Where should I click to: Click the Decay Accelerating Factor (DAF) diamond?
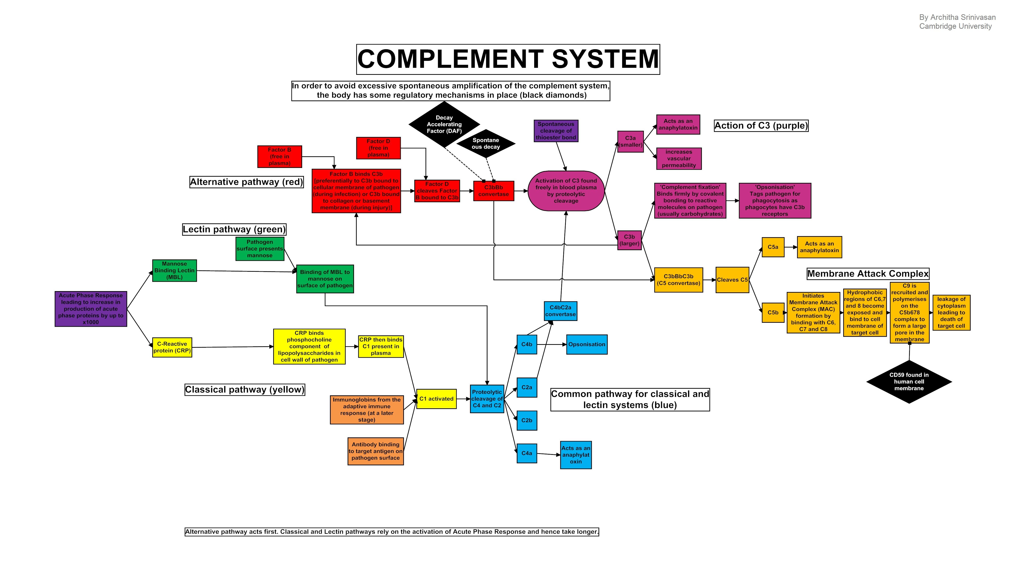point(444,124)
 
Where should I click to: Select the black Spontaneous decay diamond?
point(486,143)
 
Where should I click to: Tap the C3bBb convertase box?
point(493,191)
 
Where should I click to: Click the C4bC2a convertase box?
point(560,311)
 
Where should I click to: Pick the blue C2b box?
point(527,421)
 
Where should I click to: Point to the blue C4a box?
point(527,453)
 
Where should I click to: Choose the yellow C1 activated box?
point(436,399)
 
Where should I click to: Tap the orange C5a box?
point(773,247)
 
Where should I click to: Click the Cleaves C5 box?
point(732,280)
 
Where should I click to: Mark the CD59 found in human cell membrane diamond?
point(909,382)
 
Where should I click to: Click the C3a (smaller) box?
point(630,141)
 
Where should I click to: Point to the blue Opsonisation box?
point(587,344)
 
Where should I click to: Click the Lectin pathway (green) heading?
point(234,229)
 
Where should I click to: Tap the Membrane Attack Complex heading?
point(868,274)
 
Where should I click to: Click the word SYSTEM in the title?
point(605,59)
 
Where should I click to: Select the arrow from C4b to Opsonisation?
point(552,344)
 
